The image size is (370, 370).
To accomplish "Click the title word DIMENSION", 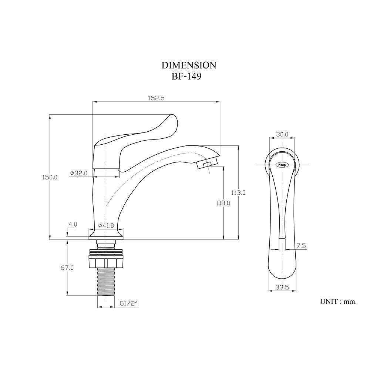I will pos(189,65).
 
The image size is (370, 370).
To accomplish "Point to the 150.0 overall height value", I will pos(50,177).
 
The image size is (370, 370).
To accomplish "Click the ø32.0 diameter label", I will pos(78,173).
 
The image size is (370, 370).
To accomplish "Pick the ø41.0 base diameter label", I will pos(106,225).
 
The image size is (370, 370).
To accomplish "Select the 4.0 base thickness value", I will pos(73,224).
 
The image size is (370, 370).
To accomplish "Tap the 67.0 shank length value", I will pos(67,267).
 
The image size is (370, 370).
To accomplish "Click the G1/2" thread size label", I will pos(129,303).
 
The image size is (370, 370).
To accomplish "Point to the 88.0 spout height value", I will pos(223,203).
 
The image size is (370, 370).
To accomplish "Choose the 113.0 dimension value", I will pos(238,192).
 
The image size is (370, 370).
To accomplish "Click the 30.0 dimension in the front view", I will pos(282,134).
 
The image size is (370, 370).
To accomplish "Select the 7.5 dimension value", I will pos(301,246).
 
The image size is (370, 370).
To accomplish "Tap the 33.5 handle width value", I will pos(282,287).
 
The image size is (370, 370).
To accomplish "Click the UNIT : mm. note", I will pos(338,302).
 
